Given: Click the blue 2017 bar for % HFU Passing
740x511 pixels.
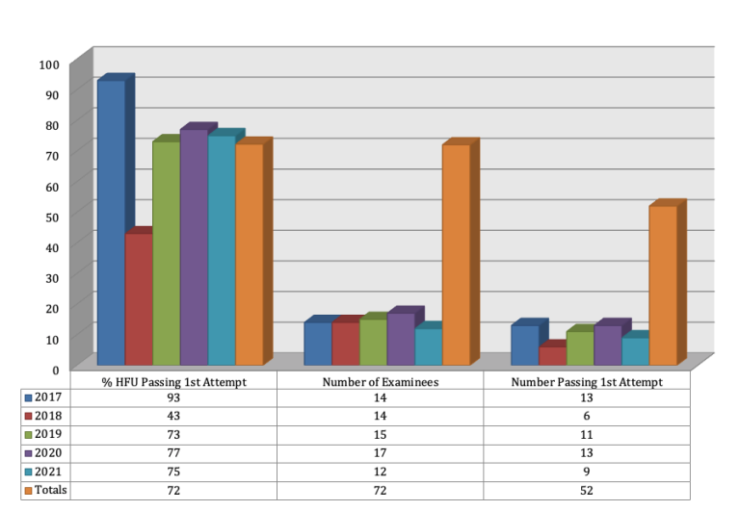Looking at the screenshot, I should click(x=111, y=223).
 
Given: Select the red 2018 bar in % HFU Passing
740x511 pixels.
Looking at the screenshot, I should click(x=139, y=299).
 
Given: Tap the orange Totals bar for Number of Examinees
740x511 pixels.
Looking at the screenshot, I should click(x=456, y=255).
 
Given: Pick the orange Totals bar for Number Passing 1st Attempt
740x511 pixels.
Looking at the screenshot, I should click(x=663, y=286).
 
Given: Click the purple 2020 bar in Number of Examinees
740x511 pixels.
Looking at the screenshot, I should click(x=401, y=339).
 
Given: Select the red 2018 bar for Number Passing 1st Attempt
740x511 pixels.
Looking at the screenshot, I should click(x=552, y=356).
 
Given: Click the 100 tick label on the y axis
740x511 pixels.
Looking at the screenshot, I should click(x=49, y=64).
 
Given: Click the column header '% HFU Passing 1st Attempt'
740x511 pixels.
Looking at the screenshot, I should click(x=175, y=381).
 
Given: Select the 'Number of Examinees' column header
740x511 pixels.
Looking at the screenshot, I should click(x=381, y=381).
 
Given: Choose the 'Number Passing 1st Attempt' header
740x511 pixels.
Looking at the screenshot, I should click(x=586, y=381).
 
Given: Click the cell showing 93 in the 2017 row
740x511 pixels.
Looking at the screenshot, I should click(x=175, y=397).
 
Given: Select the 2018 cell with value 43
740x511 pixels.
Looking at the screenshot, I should click(x=175, y=416).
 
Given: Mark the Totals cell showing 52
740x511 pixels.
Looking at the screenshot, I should click(x=586, y=490).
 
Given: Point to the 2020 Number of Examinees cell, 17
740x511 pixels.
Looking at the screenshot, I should click(x=381, y=453).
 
